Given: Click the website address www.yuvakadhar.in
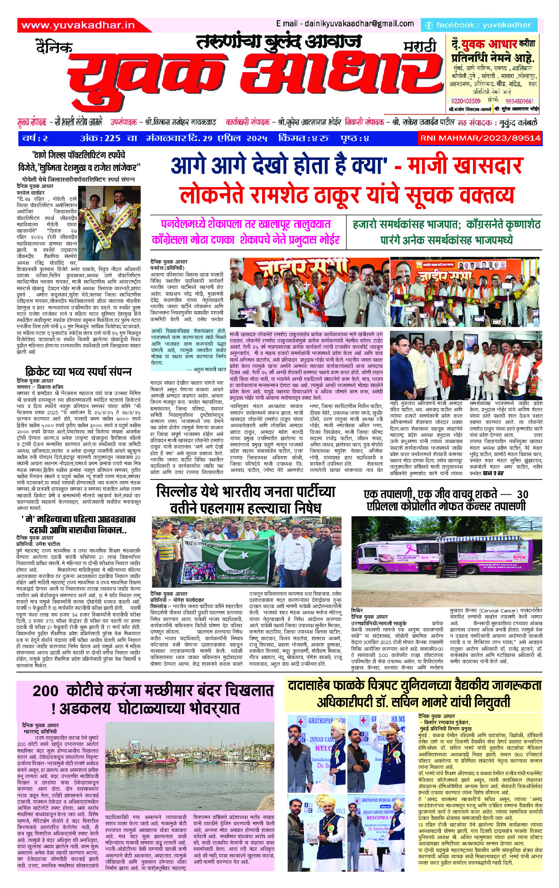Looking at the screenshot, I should click(x=78, y=25).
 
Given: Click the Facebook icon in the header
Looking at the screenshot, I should click(x=429, y=25).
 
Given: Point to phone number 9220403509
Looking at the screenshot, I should click(x=465, y=101).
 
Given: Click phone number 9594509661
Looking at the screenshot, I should click(x=519, y=101).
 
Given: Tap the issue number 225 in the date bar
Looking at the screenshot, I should click(x=112, y=138).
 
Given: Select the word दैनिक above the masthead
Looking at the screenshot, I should click(x=54, y=47).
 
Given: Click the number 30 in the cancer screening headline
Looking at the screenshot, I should click(x=522, y=495).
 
